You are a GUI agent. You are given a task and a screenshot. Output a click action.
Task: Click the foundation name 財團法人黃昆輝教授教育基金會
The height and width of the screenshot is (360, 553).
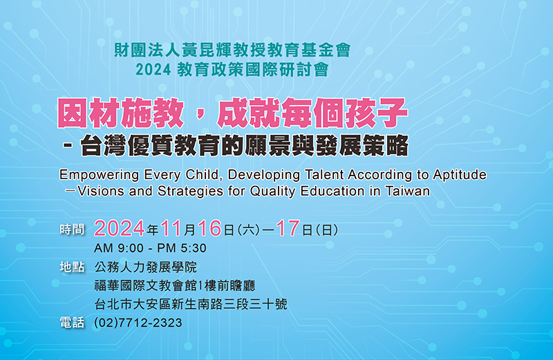tap(232, 50)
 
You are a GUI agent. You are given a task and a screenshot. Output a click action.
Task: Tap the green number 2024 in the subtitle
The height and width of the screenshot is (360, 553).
tap(153, 70)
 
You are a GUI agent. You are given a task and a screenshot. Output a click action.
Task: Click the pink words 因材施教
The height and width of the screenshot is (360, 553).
tap(120, 113)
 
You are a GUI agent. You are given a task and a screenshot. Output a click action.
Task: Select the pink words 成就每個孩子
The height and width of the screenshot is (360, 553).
tap(312, 113)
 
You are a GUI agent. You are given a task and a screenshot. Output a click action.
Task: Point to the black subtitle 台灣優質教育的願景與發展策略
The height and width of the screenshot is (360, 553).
tap(245, 145)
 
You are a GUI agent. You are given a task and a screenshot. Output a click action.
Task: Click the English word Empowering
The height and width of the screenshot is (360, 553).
tap(100, 176)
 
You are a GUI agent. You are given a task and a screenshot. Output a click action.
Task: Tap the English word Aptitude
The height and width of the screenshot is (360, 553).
tap(460, 175)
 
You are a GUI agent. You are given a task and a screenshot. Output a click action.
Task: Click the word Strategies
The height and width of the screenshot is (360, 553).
tap(191, 191)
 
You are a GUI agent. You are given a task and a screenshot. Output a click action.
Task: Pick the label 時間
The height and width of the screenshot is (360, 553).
tap(73, 229)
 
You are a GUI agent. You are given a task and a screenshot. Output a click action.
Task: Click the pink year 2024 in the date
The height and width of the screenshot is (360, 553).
tap(119, 228)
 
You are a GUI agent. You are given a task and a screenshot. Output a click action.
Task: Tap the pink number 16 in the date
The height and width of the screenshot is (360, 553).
tap(209, 228)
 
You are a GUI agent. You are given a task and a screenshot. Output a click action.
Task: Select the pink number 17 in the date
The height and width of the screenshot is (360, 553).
tap(288, 228)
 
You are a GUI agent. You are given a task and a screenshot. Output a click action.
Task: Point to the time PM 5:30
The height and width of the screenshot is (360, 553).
tap(182, 248)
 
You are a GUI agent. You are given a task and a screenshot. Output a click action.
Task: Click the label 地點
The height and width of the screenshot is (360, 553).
tap(73, 267)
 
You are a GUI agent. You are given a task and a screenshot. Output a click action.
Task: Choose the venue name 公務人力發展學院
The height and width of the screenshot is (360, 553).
tap(146, 267)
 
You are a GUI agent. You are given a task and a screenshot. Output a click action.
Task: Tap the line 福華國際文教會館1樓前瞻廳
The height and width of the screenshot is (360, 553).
tap(175, 285)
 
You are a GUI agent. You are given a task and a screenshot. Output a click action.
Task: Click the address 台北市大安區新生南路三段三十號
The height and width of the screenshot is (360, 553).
tap(191, 304)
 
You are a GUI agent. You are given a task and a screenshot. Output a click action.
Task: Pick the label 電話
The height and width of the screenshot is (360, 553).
tap(73, 323)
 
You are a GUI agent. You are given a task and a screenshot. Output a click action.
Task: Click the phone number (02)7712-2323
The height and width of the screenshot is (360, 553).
tap(138, 323)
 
